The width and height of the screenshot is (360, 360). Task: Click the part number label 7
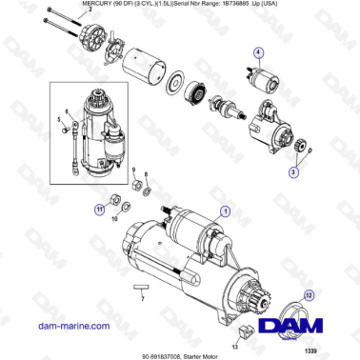click(141, 299)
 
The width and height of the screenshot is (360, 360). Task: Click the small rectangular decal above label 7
click(141, 285)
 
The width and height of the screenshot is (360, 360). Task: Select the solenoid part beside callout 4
click(260, 77)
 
